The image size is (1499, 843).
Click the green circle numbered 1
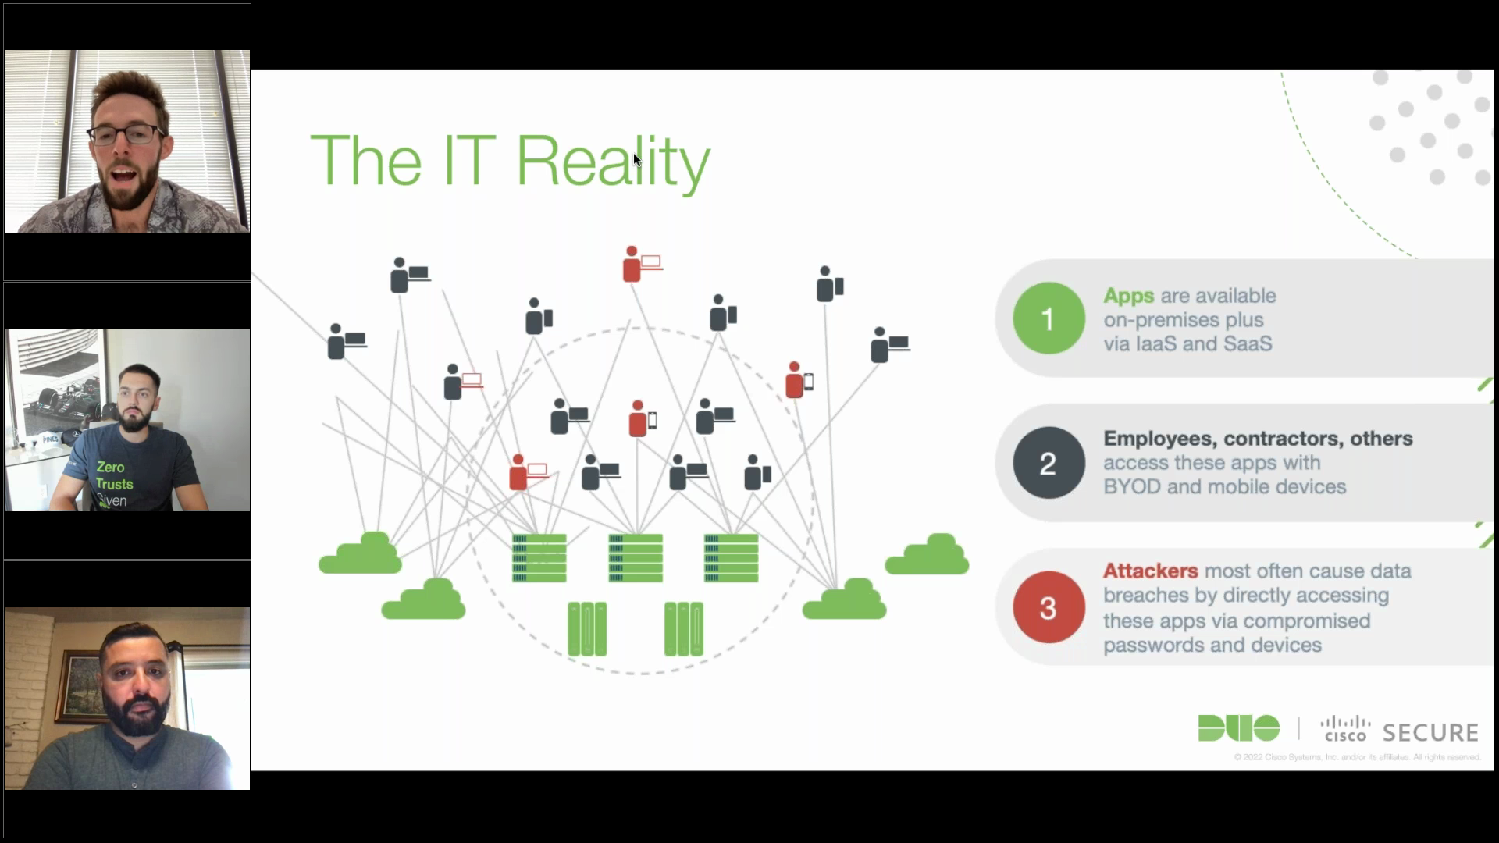click(x=1048, y=318)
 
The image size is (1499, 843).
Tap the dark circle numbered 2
click(x=1048, y=463)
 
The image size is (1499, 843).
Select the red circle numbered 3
click(x=1048, y=607)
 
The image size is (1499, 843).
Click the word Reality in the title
click(x=613, y=162)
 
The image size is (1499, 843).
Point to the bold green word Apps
click(x=1128, y=296)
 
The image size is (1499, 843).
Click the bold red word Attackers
click(x=1150, y=571)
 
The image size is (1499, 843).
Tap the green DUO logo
click(x=1238, y=728)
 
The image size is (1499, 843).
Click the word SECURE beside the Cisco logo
click(x=1430, y=732)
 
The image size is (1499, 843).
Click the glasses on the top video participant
click(x=126, y=134)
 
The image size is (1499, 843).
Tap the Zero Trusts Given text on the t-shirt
click(x=114, y=483)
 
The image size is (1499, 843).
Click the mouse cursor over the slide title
click(x=637, y=160)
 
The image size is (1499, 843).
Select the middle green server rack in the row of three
click(x=636, y=557)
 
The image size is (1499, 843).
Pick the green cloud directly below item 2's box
click(x=927, y=554)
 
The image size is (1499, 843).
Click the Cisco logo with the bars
click(x=1345, y=729)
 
